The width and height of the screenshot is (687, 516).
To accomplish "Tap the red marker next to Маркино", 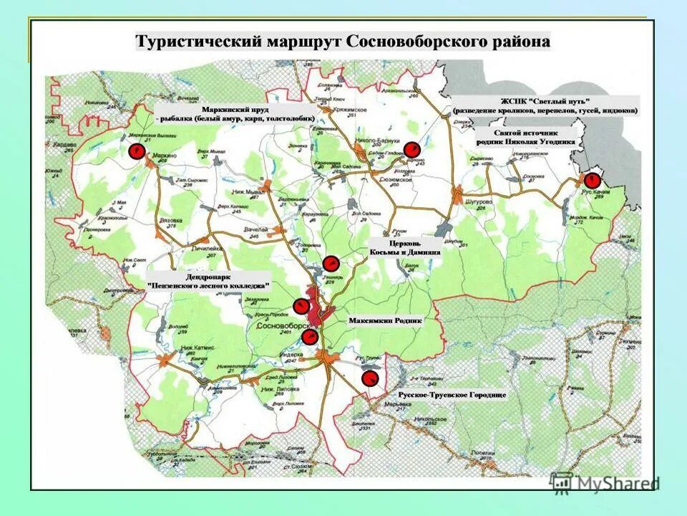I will tap(134, 151).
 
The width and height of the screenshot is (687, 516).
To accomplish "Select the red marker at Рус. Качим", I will tap(592, 179).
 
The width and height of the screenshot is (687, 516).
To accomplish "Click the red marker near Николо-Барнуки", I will tap(411, 149).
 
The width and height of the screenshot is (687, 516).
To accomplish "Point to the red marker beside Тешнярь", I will tap(331, 263).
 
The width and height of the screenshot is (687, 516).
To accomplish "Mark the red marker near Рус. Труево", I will tap(370, 378).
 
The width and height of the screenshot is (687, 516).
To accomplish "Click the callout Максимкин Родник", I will tap(385, 320).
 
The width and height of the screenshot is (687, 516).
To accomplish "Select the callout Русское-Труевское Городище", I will tap(452, 395).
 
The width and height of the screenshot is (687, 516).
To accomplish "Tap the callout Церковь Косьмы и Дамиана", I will tap(404, 247).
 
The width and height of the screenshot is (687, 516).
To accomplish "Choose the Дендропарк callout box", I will tap(208, 279).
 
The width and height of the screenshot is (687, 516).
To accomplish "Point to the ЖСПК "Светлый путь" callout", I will tap(545, 106).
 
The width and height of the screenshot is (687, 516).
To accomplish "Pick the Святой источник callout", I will tap(525, 137).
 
